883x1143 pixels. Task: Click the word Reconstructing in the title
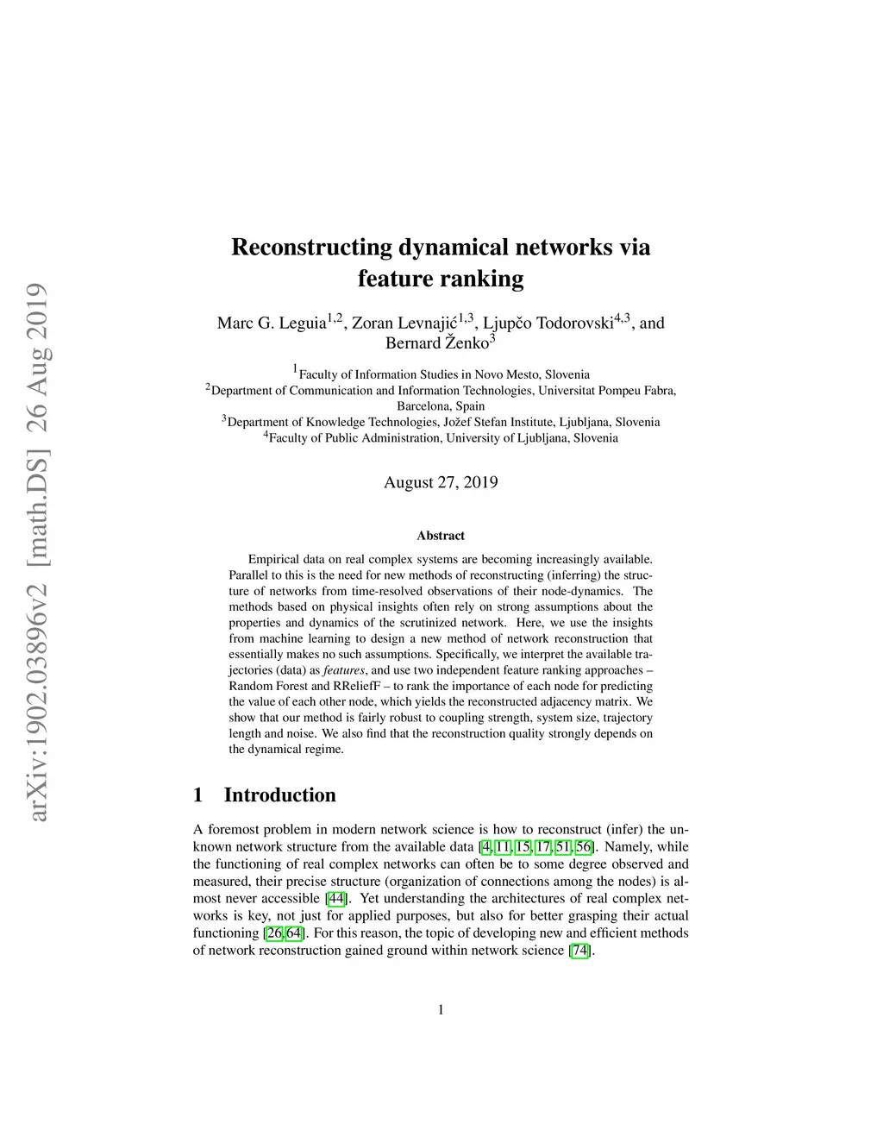click(311, 248)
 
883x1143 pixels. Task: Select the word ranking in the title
click(481, 279)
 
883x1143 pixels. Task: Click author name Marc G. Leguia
click(272, 323)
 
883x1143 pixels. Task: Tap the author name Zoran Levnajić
click(405, 323)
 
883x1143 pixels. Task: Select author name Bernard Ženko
click(437, 342)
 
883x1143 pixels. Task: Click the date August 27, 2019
click(441, 482)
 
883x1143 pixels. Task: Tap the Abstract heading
click(441, 536)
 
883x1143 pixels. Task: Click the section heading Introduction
click(279, 795)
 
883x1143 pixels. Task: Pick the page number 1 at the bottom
click(441, 1010)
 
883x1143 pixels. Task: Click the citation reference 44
click(337, 899)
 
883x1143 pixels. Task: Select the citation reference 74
click(581, 951)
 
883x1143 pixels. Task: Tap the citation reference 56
click(583, 847)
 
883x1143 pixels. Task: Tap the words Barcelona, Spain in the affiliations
click(441, 406)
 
